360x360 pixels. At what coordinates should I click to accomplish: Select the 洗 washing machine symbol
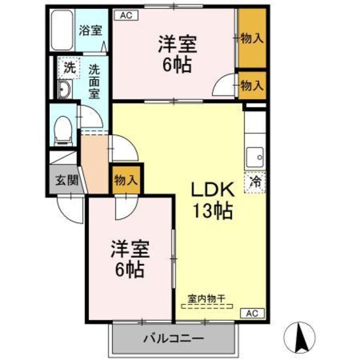(x=70, y=68)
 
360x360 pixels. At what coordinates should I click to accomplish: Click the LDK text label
(x=211, y=190)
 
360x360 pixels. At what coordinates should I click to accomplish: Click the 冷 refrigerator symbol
(x=255, y=180)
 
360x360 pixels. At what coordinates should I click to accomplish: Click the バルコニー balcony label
(x=173, y=338)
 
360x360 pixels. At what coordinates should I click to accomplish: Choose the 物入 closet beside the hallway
(x=126, y=179)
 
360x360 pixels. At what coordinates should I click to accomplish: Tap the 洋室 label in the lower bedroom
(x=128, y=248)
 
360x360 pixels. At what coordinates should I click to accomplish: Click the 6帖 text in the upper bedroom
(x=178, y=65)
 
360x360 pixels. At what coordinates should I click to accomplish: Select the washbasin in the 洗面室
(x=64, y=91)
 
